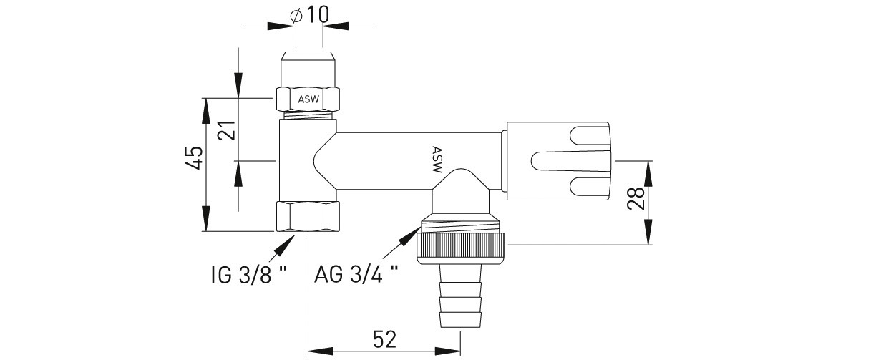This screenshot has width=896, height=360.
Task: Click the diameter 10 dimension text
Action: [309, 15]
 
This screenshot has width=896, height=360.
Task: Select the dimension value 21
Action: [226, 130]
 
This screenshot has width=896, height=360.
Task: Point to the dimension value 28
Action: [636, 198]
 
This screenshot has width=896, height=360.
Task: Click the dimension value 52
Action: [384, 339]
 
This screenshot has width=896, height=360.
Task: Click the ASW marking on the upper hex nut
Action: [308, 99]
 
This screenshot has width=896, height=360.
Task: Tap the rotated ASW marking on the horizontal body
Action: [437, 160]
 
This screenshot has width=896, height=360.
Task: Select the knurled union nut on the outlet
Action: [462, 248]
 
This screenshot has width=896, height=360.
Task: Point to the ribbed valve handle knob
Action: [559, 161]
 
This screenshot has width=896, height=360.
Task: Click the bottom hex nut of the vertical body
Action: [308, 216]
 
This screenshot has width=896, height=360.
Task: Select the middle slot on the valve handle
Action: [570, 161]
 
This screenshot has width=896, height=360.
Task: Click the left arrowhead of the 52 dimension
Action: [321, 351]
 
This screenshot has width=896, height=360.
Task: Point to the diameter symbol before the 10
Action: [296, 16]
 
